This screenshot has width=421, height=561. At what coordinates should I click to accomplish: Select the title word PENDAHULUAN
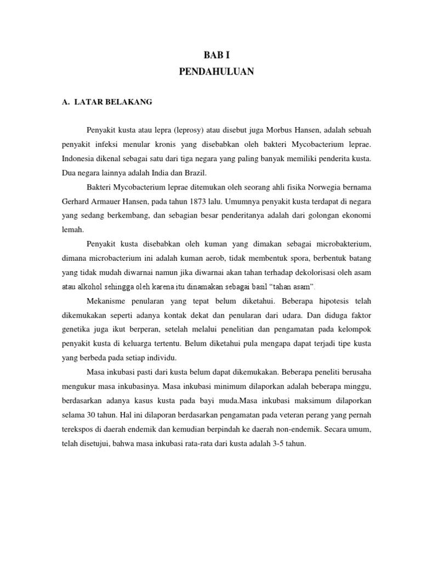coord(217,72)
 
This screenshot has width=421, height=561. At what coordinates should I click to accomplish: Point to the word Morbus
coord(282,130)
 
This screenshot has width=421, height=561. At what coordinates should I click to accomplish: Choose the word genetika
coord(76,330)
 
